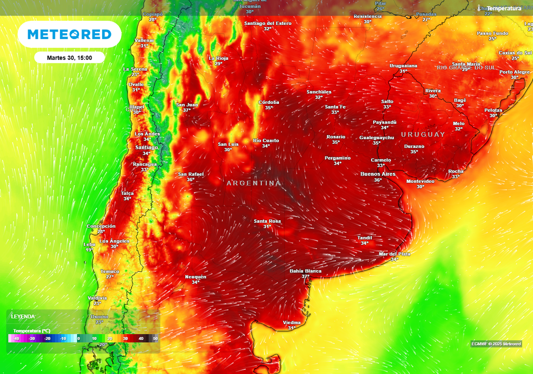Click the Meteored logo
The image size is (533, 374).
(69, 34)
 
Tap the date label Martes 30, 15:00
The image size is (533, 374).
(69, 58)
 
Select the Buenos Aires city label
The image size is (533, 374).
(377, 174)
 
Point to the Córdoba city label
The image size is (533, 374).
(269, 102)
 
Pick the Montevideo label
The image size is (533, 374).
(420, 181)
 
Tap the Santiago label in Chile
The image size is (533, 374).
(146, 148)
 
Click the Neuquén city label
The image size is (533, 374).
(196, 277)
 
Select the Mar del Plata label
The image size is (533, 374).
(395, 254)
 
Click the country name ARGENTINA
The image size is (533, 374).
(253, 183)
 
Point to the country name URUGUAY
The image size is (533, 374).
(423, 135)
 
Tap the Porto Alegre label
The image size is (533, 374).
(514, 72)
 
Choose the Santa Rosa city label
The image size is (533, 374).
(267, 221)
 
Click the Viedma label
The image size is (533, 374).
(291, 323)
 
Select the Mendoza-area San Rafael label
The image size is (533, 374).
(191, 174)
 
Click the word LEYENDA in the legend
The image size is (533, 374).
(23, 316)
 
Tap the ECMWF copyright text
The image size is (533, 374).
(496, 344)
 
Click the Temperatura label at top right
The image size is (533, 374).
(503, 8)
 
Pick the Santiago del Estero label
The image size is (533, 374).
(267, 23)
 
